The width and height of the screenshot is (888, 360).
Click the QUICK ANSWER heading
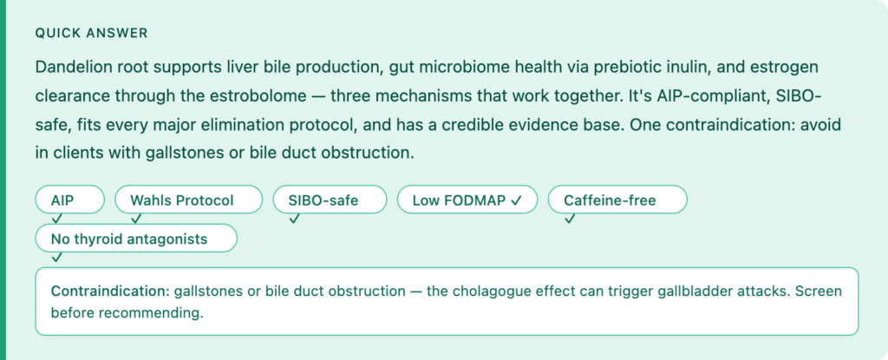point(91,34)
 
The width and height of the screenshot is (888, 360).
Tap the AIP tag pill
point(70,200)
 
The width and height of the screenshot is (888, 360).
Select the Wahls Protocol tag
point(188,200)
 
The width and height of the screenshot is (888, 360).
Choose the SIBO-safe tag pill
point(330,200)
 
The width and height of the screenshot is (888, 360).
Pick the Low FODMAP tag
point(467,200)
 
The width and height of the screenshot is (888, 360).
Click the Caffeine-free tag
point(617,200)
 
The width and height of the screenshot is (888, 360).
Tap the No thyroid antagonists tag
point(136,238)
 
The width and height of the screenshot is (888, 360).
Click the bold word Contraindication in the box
point(110,291)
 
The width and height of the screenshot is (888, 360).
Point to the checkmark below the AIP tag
point(56,219)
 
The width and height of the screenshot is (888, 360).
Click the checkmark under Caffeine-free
point(570,219)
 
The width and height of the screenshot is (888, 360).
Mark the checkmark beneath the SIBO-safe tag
point(293,219)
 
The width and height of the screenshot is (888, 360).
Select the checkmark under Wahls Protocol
point(136,219)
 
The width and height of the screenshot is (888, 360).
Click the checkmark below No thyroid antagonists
point(56,258)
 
